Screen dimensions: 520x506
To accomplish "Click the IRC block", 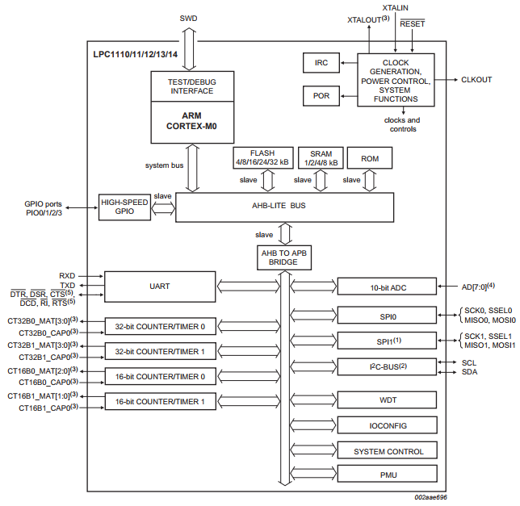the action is pyautogui.click(x=321, y=63).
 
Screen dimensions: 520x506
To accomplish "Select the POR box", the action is pyautogui.click(x=321, y=96).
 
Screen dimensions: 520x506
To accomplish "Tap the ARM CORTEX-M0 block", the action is pyautogui.click(x=192, y=122).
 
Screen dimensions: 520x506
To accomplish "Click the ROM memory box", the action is pyautogui.click(x=370, y=158).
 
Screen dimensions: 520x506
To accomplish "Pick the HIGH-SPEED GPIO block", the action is pyautogui.click(x=124, y=207).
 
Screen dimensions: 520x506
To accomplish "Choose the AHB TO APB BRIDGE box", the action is pyautogui.click(x=284, y=257).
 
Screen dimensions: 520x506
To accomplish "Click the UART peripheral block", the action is pyautogui.click(x=160, y=286).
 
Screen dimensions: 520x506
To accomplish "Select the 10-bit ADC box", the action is pyautogui.click(x=387, y=286).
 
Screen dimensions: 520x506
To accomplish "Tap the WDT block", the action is pyautogui.click(x=387, y=400).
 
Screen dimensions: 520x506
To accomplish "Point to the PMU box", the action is pyautogui.click(x=388, y=474).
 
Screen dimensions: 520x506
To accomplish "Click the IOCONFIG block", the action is pyautogui.click(x=388, y=425).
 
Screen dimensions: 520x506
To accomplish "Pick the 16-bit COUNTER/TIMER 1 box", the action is pyautogui.click(x=161, y=401).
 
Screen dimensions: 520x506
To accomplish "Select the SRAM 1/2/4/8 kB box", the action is pyautogui.click(x=321, y=158).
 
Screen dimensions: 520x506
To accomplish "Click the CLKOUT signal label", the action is pyautogui.click(x=476, y=80).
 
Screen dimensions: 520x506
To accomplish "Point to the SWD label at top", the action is pyautogui.click(x=188, y=19).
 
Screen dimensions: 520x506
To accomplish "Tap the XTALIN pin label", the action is pyautogui.click(x=395, y=7).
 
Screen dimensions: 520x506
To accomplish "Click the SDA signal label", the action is pyautogui.click(x=469, y=372).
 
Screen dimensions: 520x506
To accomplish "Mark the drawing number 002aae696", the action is pyautogui.click(x=430, y=497).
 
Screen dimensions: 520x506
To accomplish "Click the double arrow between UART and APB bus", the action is pyautogui.click(x=249, y=286).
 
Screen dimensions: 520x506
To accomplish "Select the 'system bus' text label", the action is pyautogui.click(x=164, y=165).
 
